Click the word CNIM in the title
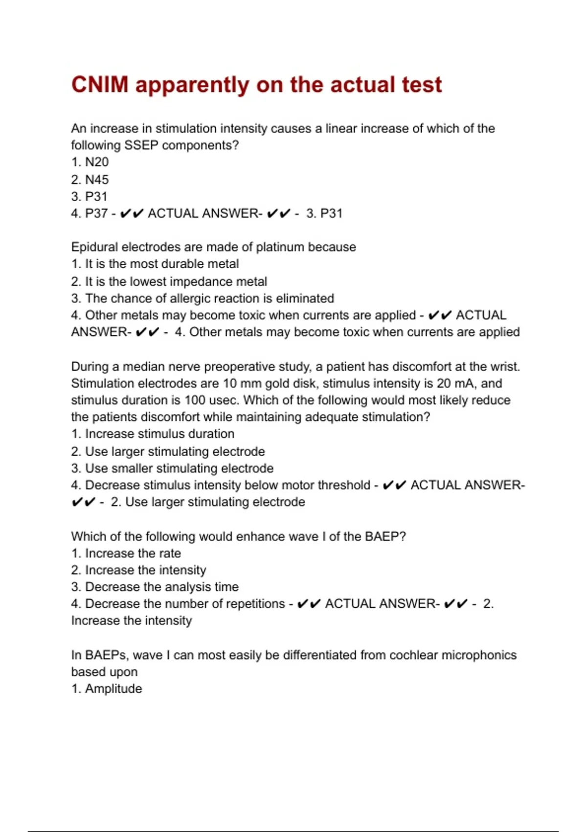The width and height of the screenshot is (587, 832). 100,85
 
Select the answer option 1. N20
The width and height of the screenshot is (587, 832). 90,162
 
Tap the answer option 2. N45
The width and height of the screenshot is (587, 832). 90,180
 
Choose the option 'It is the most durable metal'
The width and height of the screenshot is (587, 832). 155,264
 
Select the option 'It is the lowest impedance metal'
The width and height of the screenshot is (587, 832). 169,281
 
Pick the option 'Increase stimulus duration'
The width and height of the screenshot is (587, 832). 153,434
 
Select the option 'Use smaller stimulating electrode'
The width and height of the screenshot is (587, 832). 172,468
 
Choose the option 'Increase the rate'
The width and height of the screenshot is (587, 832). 126,554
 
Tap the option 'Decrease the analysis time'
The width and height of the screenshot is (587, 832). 155,587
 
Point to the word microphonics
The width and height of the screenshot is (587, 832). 479,655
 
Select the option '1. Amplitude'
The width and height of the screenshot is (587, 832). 107,689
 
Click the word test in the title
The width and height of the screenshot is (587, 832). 422,85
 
